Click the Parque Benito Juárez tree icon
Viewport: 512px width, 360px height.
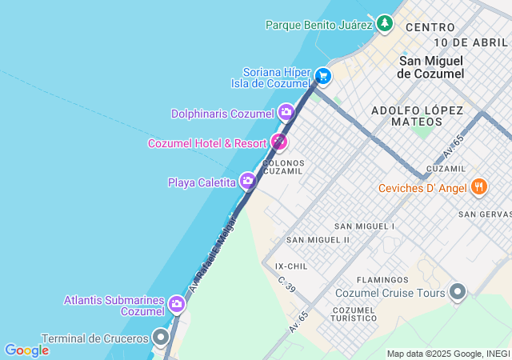pyautogui.click(x=386, y=23)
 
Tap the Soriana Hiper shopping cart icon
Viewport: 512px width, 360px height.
pyautogui.click(x=322, y=76)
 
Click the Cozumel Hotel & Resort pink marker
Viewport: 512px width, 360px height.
pyautogui.click(x=278, y=142)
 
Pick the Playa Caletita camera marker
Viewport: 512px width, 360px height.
pyautogui.click(x=248, y=182)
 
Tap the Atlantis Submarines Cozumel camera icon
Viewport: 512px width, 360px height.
pyautogui.click(x=177, y=304)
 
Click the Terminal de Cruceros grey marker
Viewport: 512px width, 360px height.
pyautogui.click(x=162, y=338)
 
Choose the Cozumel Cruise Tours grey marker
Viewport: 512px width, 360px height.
pyautogui.click(x=458, y=292)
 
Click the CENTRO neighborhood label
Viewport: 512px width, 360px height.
pyautogui.click(x=430, y=27)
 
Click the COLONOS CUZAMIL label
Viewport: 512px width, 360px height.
pyautogui.click(x=283, y=166)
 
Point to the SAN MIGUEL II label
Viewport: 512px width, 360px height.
pyautogui.click(x=318, y=239)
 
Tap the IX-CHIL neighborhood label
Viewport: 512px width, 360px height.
pyautogui.click(x=290, y=266)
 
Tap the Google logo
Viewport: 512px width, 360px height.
pyautogui.click(x=26, y=350)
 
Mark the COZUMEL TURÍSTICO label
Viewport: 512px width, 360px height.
pyautogui.click(x=354, y=314)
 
